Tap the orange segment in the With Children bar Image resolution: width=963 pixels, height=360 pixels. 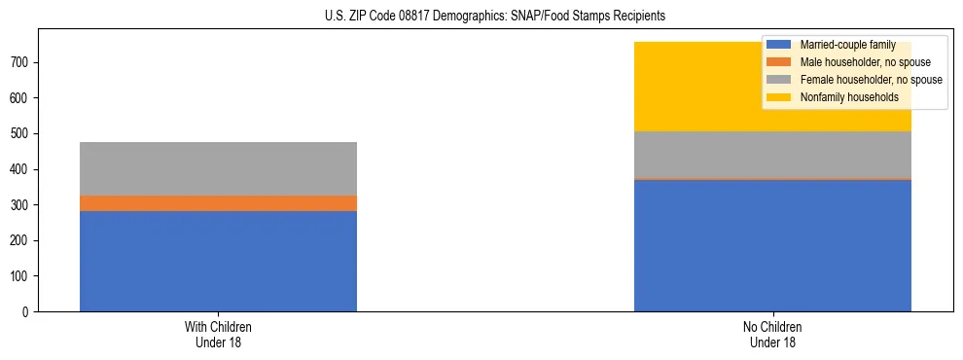pyautogui.click(x=218, y=203)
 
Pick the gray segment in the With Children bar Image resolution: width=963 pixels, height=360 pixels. pyautogui.click(x=218, y=168)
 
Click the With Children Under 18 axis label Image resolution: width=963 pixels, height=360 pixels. pyautogui.click(x=218, y=334)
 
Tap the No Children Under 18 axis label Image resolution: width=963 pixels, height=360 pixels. pyautogui.click(x=772, y=334)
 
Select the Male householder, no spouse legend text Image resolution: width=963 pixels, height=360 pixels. pyautogui.click(x=858, y=62)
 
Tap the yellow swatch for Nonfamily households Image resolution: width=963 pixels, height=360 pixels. pyautogui.click(x=779, y=97)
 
